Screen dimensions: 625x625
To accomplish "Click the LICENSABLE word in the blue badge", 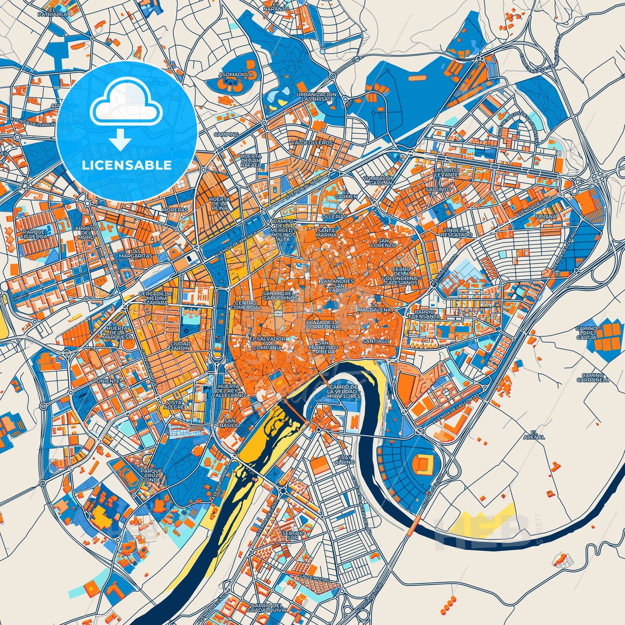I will coord(127,165).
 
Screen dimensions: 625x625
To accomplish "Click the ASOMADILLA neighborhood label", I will coord(236,74).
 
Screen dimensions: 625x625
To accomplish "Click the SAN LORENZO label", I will coord(386,243).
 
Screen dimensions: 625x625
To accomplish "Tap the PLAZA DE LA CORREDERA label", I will coord(322,324).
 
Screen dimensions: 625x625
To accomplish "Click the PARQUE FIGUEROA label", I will coord(33,234).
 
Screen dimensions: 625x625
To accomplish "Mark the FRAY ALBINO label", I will coord(346,459).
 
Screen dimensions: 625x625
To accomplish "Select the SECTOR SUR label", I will coord(292,536).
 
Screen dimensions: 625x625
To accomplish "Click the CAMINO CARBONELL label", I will coord(595,377).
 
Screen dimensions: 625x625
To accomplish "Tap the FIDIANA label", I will coord(545,217).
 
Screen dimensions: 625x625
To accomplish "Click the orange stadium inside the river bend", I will coord(423,465).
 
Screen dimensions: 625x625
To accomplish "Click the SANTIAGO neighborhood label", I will coord(376,341).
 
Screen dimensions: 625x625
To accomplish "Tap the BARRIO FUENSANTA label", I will coord(427,314).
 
